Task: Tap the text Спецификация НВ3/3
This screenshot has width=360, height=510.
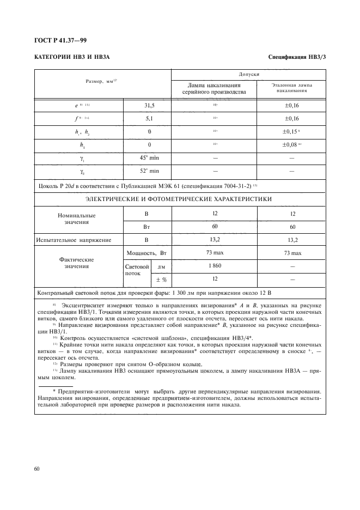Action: (297, 57)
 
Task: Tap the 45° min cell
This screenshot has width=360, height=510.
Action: (148, 157)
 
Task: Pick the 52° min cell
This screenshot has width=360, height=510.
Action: (148, 171)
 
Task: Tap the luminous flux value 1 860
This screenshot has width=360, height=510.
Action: (215, 266)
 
